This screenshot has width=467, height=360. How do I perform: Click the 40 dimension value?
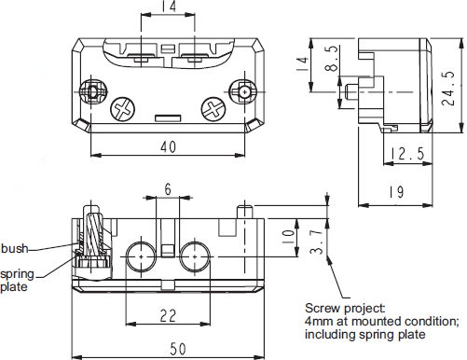(168, 146)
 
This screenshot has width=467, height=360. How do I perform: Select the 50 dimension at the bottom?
(178, 349)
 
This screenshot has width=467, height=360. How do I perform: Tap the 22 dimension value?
(168, 316)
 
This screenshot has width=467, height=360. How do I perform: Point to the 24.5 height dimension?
(448, 89)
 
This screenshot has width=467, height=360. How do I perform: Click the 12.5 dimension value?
(407, 154)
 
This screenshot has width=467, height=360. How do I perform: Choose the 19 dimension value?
(397, 192)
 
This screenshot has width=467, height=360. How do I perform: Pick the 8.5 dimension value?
(332, 59)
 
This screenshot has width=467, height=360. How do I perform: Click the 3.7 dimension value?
(317, 242)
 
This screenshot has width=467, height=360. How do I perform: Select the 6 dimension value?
(168, 189)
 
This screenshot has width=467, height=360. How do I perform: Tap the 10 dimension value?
(288, 237)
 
